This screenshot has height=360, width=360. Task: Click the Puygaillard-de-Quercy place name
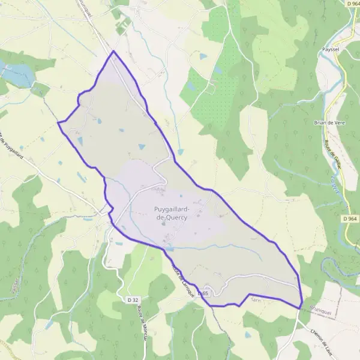pos(172,213)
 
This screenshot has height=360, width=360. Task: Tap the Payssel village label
pos(331,50)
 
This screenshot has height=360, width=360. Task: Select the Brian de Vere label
pos(327,122)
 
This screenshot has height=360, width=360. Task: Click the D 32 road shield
pos(133,299)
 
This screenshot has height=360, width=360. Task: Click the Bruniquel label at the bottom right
pos(318,313)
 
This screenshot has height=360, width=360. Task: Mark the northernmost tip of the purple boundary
pos(113,52)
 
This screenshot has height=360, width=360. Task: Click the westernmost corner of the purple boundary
pos(58,122)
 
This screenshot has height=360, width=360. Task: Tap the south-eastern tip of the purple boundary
pos(301,308)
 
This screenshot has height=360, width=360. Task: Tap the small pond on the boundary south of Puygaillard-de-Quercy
pos(171,247)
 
